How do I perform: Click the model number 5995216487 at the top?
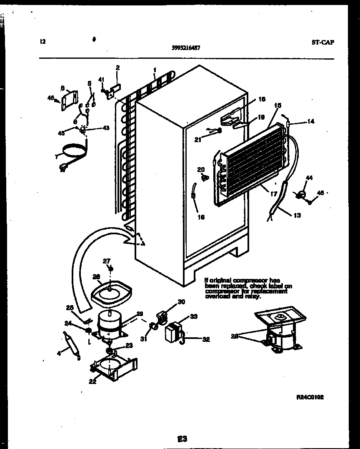[185, 48]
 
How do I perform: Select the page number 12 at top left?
[42, 41]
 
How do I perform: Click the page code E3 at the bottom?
[182, 438]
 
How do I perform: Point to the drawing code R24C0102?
[310, 397]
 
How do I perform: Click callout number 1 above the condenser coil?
[155, 70]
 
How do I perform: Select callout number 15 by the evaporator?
[278, 106]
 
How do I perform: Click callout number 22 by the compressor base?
[92, 381]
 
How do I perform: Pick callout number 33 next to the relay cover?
[193, 316]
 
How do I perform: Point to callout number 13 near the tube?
[297, 215]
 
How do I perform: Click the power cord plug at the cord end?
[63, 168]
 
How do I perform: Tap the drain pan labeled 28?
[111, 292]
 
